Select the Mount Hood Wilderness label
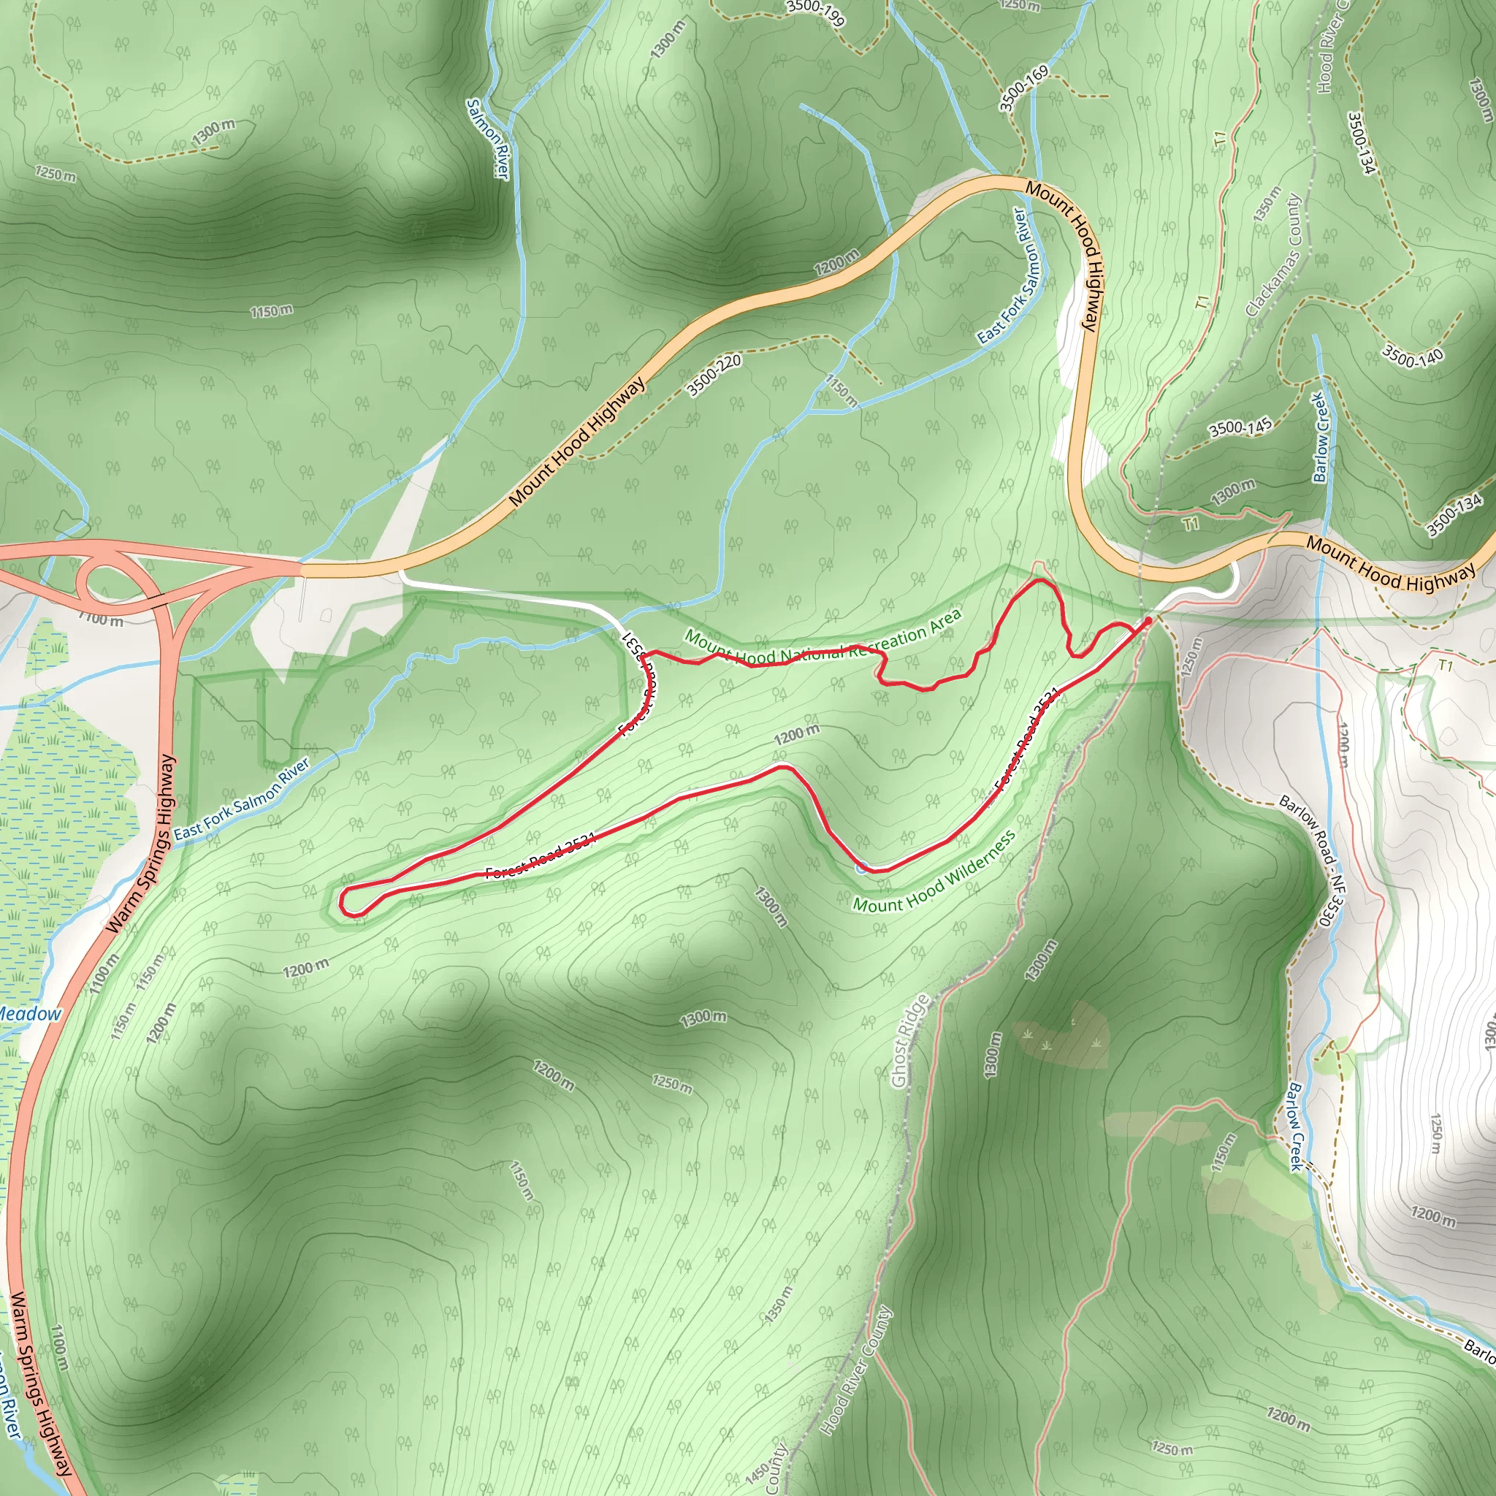[x=934, y=872]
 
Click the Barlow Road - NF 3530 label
[x=1312, y=860]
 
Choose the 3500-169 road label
[x=1023, y=88]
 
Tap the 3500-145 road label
[x=1240, y=427]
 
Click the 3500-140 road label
[x=1413, y=356]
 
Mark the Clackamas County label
[x=1274, y=256]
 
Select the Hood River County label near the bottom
[x=855, y=1370]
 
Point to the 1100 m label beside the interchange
[x=101, y=619]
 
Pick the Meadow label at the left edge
[x=29, y=1014]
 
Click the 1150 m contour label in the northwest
[x=271, y=311]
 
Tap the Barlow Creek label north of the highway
[x=1320, y=438]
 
